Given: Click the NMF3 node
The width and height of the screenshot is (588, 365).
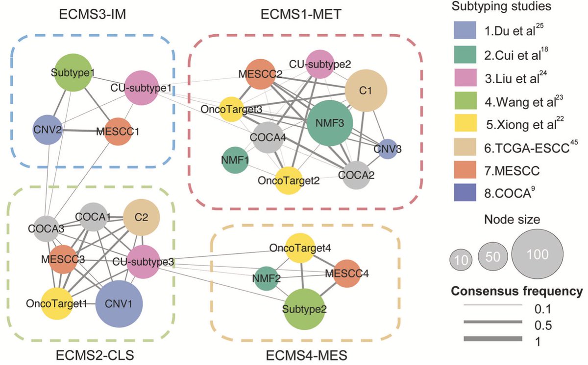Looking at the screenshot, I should pyautogui.click(x=330, y=122).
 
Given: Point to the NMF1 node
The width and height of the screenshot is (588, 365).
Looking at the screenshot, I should pyautogui.click(x=235, y=160).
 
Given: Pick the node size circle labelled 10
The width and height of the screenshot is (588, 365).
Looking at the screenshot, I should pyautogui.click(x=461, y=259).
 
